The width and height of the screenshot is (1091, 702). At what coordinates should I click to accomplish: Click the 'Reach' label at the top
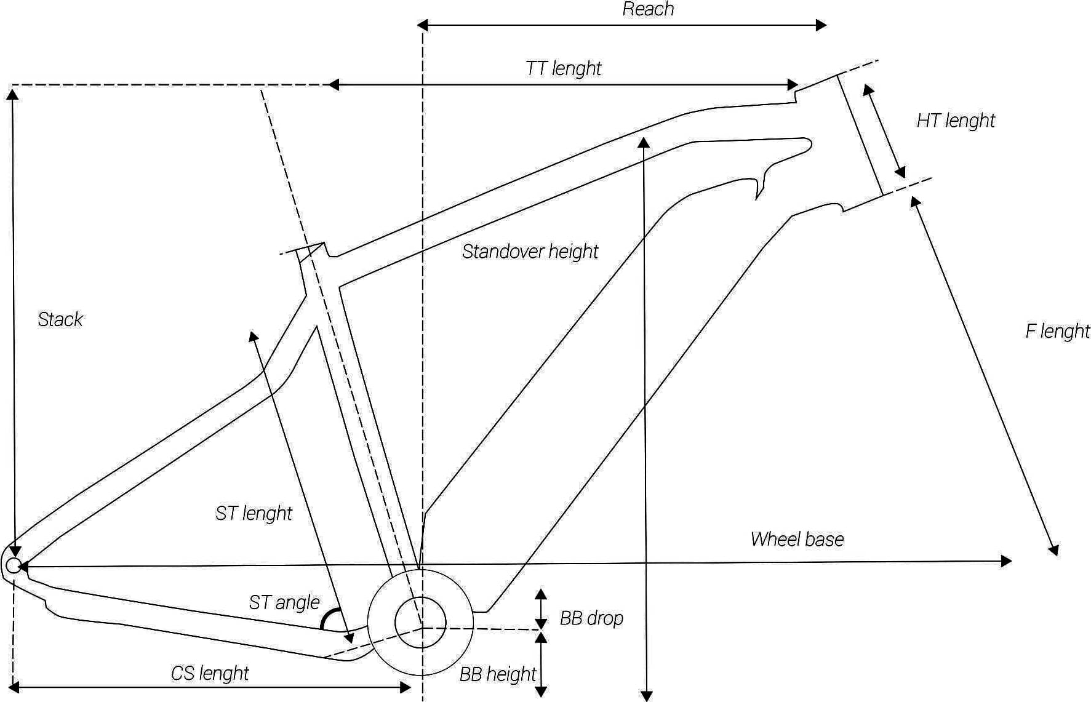coord(648,9)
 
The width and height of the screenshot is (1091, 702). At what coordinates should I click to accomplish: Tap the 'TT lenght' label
coord(563,68)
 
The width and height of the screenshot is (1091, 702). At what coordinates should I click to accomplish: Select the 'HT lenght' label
coord(956,121)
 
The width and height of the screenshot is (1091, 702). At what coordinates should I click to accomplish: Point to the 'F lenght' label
coord(1057,332)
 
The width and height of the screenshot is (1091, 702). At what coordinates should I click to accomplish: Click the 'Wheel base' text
coord(797,540)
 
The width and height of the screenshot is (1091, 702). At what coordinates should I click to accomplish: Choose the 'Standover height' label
coord(530,252)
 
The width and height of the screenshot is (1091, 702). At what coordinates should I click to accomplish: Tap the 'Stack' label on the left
coord(60,319)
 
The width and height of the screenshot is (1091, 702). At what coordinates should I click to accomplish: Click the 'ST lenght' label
coord(254,513)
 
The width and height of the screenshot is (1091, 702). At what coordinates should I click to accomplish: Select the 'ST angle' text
coord(284,602)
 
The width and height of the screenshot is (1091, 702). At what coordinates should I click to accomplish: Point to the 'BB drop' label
coord(591,618)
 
